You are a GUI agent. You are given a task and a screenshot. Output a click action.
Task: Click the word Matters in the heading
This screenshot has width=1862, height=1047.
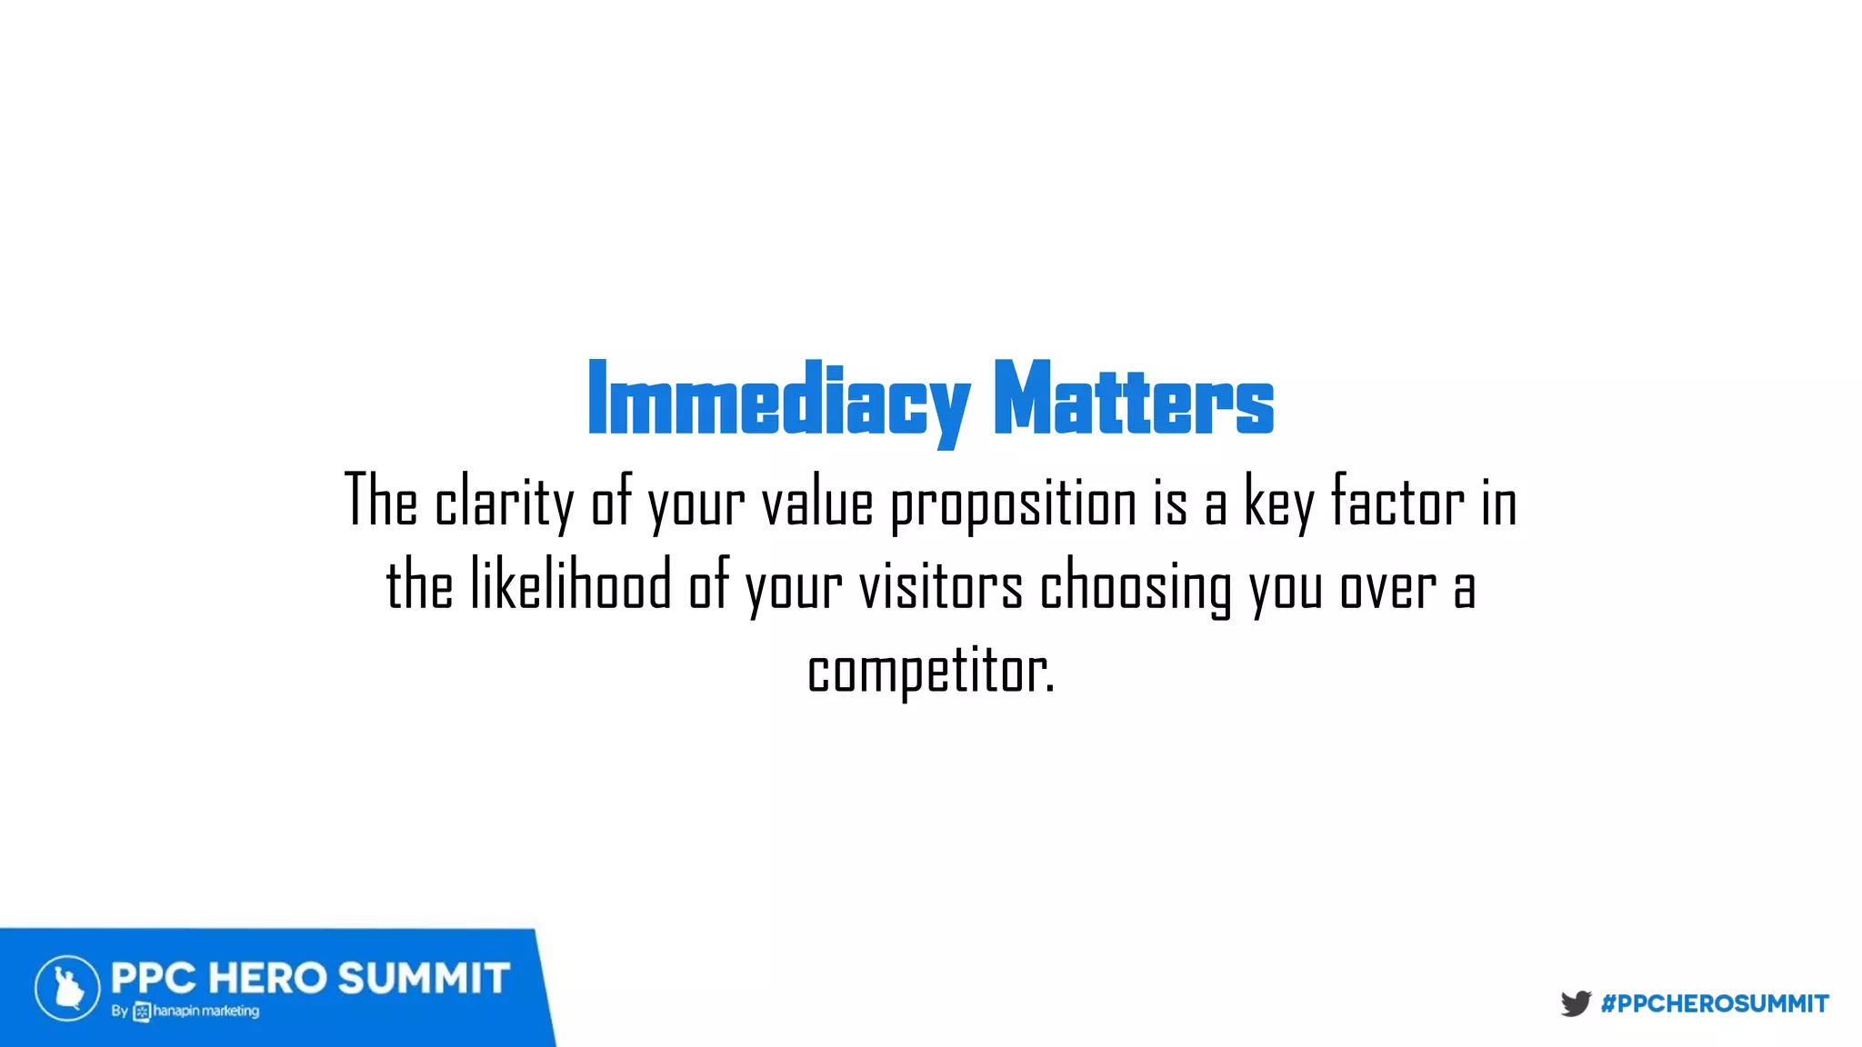[x=1133, y=400]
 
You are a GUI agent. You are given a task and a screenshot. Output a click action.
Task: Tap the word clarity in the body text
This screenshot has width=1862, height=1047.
[x=505, y=503]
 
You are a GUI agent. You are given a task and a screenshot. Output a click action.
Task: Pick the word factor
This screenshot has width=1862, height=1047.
[x=1397, y=501]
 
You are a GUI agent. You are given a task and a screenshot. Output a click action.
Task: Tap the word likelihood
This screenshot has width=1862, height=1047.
[x=571, y=586]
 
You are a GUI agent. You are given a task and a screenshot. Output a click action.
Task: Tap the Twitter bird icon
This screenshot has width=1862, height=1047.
[x=1576, y=1003]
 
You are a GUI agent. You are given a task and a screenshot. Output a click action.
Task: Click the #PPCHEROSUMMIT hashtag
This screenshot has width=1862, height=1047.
[x=1715, y=1003]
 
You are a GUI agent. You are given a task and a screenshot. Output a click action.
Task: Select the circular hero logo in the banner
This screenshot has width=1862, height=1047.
[x=67, y=988]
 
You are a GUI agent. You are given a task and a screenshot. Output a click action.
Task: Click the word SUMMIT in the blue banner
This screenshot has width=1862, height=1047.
[x=424, y=979]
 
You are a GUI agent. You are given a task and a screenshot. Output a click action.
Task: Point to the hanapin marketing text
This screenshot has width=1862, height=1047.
[x=205, y=1011]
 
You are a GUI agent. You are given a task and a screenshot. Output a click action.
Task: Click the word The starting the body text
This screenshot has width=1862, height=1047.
[x=381, y=501]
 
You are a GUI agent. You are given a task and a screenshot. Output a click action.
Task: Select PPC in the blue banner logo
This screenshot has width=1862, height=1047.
[x=153, y=979]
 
